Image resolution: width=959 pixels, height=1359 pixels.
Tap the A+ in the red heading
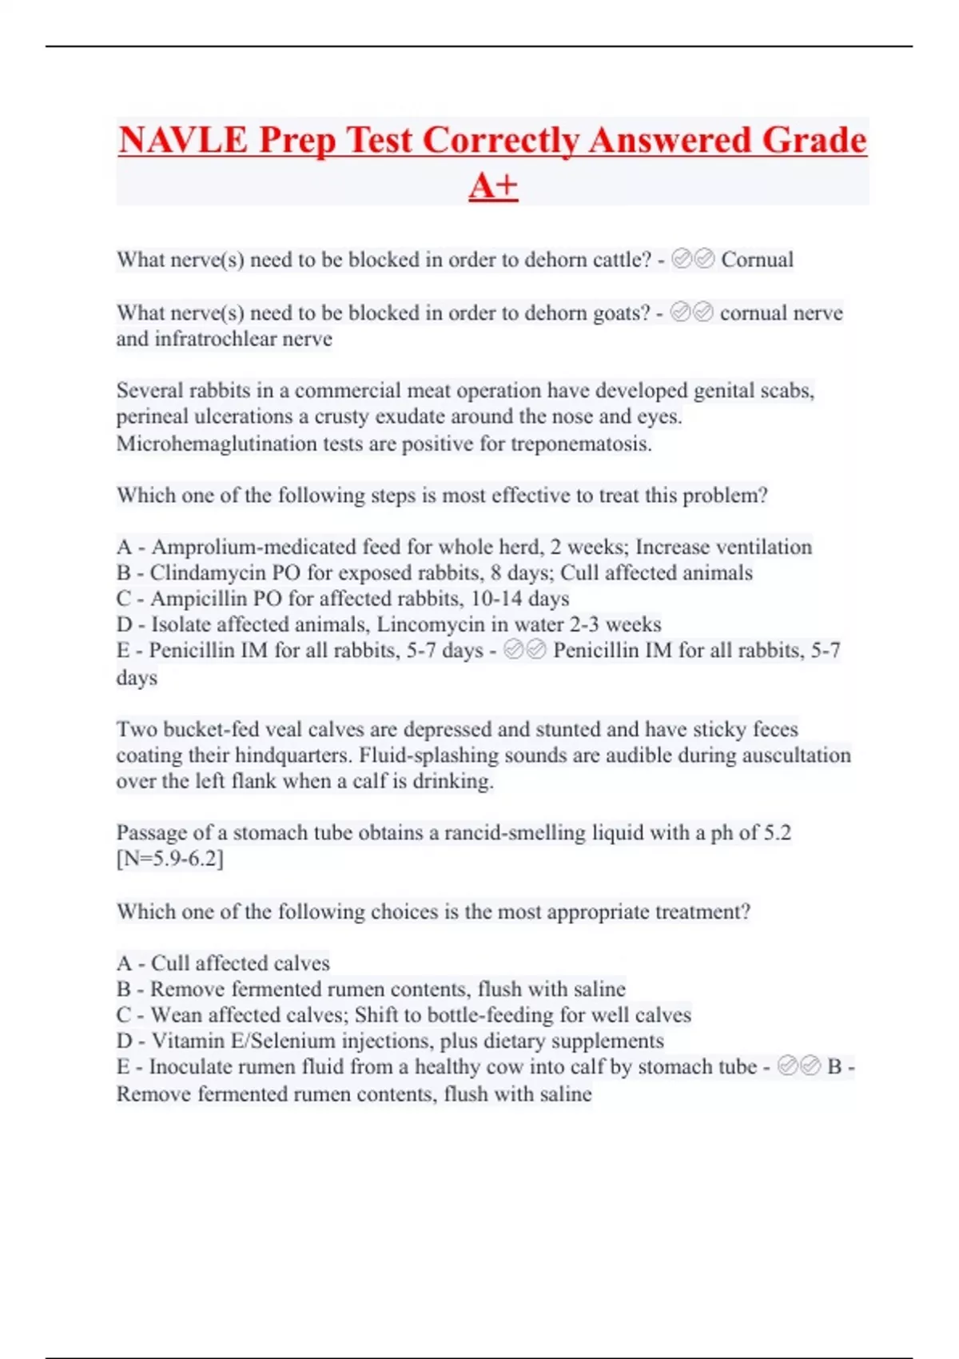click(x=493, y=186)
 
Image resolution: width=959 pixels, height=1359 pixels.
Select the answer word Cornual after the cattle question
click(x=757, y=260)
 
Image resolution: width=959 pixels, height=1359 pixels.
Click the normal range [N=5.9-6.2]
click(x=170, y=859)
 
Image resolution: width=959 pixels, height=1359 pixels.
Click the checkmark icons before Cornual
click(x=693, y=259)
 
